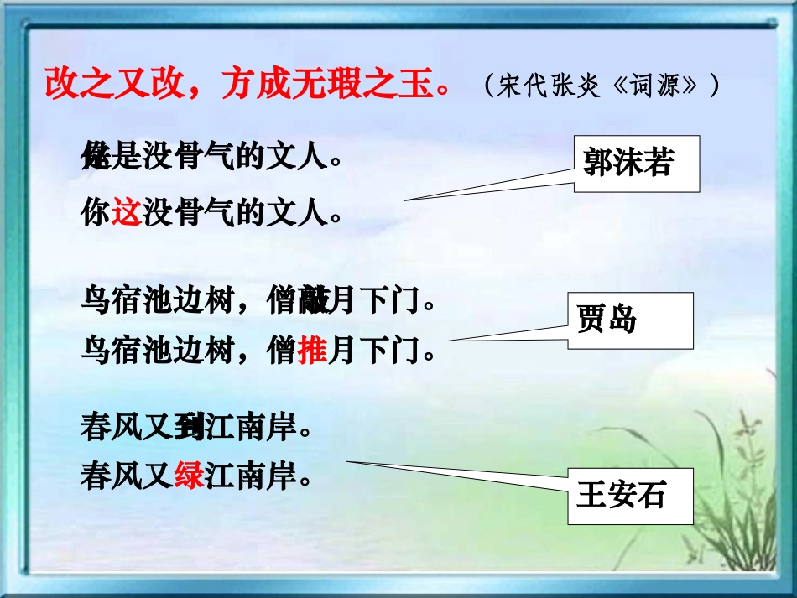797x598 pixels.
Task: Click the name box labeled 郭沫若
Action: click(637, 164)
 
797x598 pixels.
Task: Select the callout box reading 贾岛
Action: click(630, 320)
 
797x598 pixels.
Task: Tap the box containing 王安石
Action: click(630, 496)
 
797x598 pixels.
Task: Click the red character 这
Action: click(126, 214)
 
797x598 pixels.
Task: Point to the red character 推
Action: click(311, 351)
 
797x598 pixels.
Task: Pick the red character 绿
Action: click(190, 477)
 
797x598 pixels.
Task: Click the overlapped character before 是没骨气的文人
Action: click(96, 157)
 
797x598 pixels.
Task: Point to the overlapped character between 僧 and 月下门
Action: click(312, 300)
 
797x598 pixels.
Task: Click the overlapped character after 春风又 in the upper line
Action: click(190, 429)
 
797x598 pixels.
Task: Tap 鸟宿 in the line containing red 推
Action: click(110, 351)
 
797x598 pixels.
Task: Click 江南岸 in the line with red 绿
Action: click(251, 477)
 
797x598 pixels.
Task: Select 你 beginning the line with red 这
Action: click(96, 214)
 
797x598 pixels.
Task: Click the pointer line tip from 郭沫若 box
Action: click(405, 200)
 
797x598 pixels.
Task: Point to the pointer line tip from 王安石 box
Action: click(347, 461)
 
